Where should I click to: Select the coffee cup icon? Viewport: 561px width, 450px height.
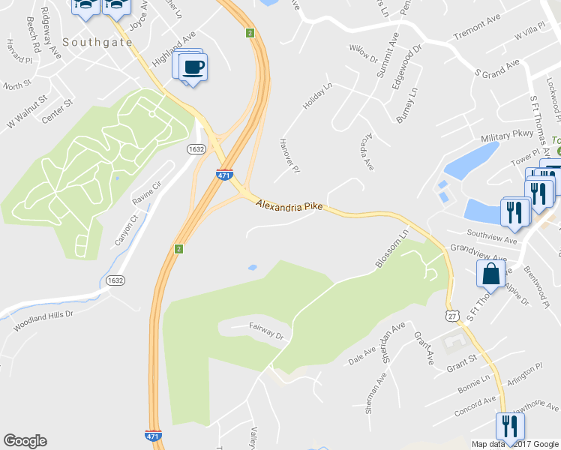(194, 66)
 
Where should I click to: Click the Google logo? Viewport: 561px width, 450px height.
(25, 441)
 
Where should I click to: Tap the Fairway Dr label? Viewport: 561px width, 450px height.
(267, 331)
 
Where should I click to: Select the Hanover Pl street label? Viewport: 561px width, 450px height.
(289, 156)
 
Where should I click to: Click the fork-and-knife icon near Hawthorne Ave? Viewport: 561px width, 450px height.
(510, 426)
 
